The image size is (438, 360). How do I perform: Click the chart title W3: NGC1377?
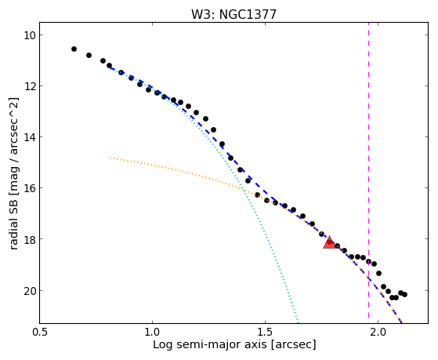coord(233,15)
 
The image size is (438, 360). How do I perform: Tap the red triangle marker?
coord(330,242)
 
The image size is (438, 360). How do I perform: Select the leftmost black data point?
coord(74,49)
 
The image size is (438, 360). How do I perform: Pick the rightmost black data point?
coord(404,294)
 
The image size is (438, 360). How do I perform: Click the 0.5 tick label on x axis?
coord(40,332)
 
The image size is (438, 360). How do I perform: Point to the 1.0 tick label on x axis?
coord(152,332)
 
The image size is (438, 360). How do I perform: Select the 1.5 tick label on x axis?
coord(265,332)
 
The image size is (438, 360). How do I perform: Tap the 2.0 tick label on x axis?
coord(378,332)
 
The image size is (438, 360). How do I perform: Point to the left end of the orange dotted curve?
coord(110,158)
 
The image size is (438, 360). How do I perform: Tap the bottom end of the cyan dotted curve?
coord(298,322)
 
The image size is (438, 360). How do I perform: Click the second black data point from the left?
coord(89,55)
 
